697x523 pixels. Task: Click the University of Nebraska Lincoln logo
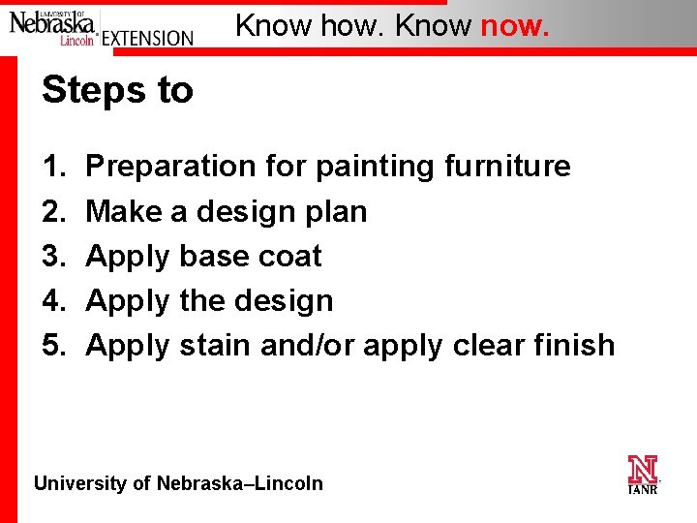click(53, 25)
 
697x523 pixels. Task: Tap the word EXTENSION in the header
click(147, 38)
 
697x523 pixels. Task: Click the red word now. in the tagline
click(515, 25)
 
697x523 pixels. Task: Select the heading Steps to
click(118, 90)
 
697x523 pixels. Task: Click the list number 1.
click(53, 167)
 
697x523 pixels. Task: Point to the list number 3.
click(53, 257)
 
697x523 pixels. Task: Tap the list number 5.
click(53, 346)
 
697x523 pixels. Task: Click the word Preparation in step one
click(172, 167)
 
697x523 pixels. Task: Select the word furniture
click(507, 167)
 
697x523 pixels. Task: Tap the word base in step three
click(216, 257)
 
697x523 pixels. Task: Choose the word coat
click(291, 257)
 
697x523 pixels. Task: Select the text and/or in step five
click(309, 346)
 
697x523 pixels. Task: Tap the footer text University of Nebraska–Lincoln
click(179, 483)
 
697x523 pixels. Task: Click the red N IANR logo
click(643, 475)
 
